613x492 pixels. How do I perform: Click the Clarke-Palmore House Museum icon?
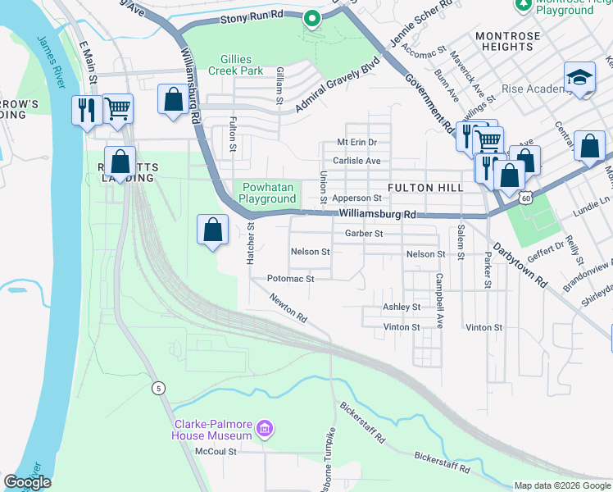tap(265, 428)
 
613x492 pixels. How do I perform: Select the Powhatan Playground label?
tap(266, 193)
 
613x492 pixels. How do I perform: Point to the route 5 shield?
tap(158, 387)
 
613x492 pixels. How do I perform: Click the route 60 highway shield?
tap(525, 197)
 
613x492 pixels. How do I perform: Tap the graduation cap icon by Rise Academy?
tap(579, 79)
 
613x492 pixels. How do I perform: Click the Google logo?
tap(27, 482)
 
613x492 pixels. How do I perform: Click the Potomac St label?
tap(291, 279)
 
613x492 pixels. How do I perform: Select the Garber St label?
tap(364, 234)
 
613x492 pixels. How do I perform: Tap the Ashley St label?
tap(402, 307)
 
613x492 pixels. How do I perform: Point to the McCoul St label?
tap(216, 451)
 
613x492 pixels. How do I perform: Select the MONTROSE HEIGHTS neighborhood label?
tap(507, 42)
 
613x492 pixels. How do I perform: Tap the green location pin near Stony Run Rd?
tap(311, 18)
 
